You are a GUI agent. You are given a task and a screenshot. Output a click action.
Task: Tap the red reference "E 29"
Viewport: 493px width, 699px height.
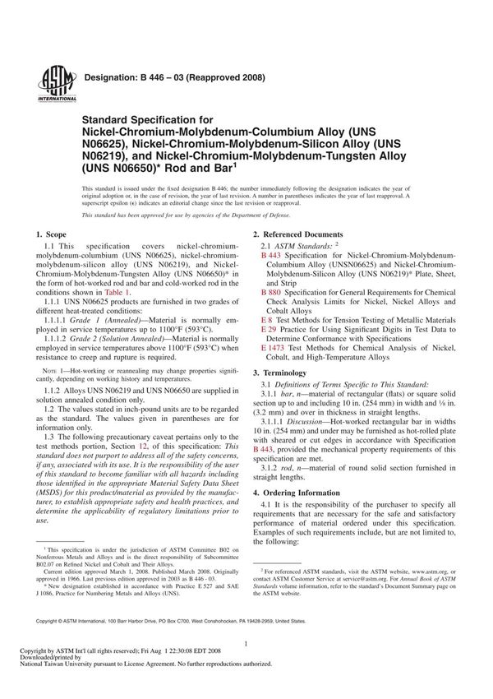coord(268,329)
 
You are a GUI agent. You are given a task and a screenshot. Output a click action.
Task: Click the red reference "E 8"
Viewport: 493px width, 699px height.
coord(266,319)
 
